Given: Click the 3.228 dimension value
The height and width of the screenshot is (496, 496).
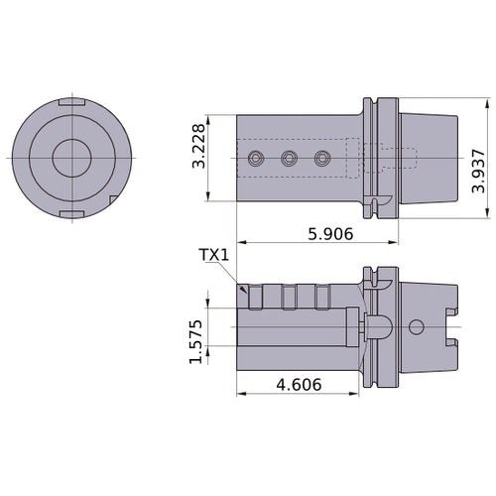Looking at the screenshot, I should [198, 147].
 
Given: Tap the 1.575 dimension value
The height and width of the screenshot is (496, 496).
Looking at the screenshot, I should [196, 341].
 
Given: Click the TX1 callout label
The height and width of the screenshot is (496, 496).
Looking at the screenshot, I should [213, 255].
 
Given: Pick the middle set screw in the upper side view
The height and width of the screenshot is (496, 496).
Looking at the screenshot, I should [289, 158].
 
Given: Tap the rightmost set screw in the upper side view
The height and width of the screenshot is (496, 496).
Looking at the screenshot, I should [320, 158].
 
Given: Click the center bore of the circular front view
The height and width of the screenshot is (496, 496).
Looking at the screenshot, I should [69, 159].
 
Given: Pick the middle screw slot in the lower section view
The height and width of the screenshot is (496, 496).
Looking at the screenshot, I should [289, 296].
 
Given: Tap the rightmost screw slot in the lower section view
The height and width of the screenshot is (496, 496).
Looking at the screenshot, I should [320, 296].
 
